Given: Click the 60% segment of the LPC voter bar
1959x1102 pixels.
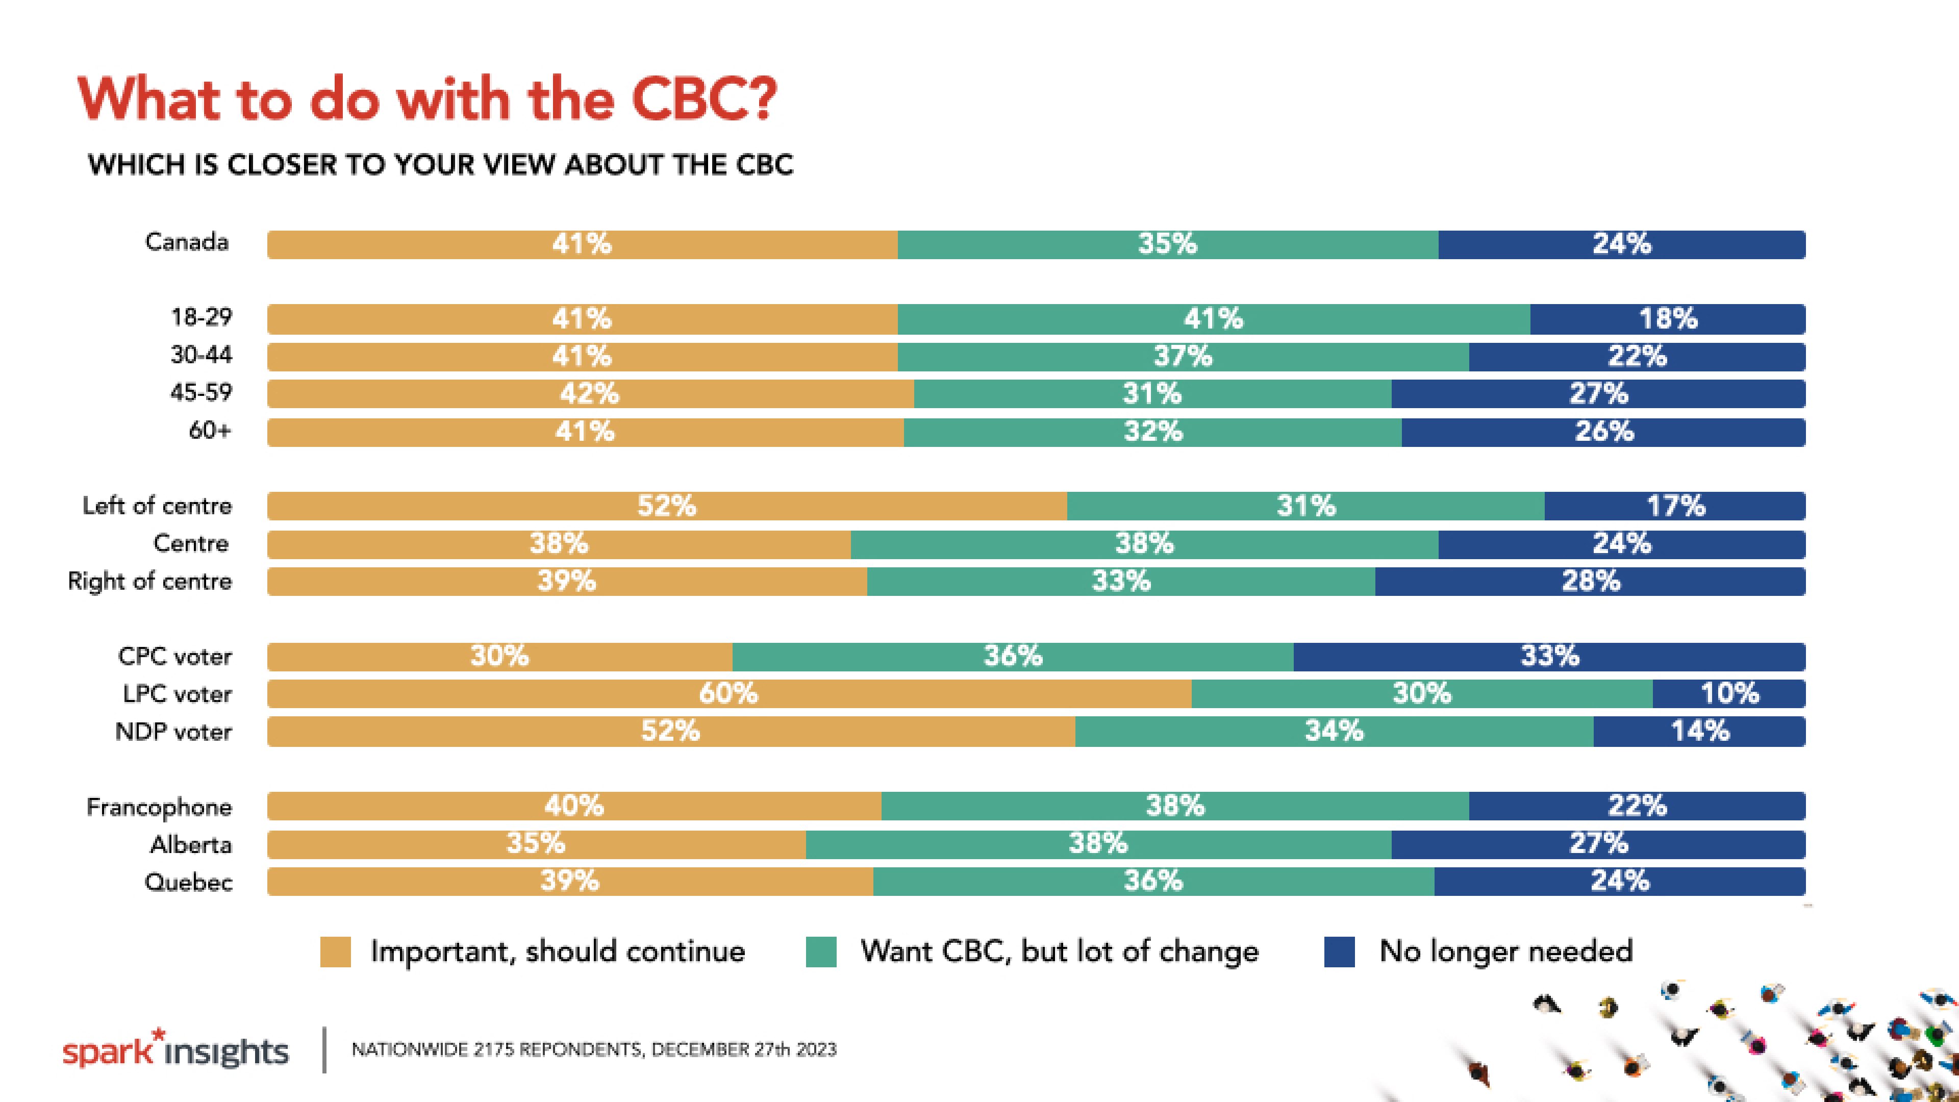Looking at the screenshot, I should tap(729, 694).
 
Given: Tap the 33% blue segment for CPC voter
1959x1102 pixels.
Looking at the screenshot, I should tap(1549, 656).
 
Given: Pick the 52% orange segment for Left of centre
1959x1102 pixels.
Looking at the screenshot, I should tap(666, 506).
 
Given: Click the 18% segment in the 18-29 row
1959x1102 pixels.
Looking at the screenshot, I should tap(1667, 319).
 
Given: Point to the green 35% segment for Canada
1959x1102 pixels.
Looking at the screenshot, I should tap(1167, 244).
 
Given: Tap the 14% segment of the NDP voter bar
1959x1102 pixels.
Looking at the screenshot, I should tap(1700, 731).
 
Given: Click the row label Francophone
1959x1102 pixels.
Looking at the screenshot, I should tap(159, 807).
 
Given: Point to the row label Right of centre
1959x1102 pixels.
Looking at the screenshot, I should tap(150, 581).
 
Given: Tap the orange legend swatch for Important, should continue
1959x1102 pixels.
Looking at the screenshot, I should tap(335, 951).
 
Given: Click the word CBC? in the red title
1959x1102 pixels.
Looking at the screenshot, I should tap(704, 99).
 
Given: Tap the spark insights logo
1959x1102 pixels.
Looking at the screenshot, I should tap(175, 1050).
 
